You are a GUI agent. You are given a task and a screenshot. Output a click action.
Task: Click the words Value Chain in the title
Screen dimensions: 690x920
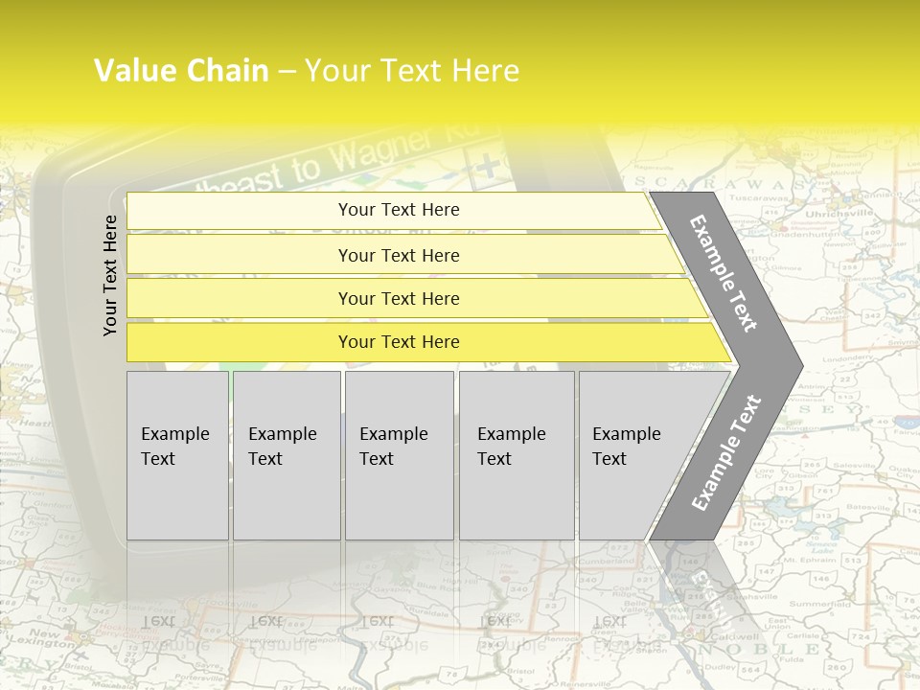(181, 71)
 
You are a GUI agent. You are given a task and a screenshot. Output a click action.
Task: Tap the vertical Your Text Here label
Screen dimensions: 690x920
(110, 275)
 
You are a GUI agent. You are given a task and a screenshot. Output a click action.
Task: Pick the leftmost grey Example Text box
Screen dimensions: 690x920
(177, 454)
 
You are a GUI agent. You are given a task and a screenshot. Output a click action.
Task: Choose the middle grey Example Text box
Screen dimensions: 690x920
(399, 454)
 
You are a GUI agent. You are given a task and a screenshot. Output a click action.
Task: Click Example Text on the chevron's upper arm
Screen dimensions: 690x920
(724, 273)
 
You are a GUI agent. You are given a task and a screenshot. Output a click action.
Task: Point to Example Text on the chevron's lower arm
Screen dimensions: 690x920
(725, 452)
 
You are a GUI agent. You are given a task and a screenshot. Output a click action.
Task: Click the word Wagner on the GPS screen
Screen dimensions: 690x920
(383, 153)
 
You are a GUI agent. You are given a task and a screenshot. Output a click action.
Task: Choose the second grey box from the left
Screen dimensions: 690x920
(287, 454)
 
